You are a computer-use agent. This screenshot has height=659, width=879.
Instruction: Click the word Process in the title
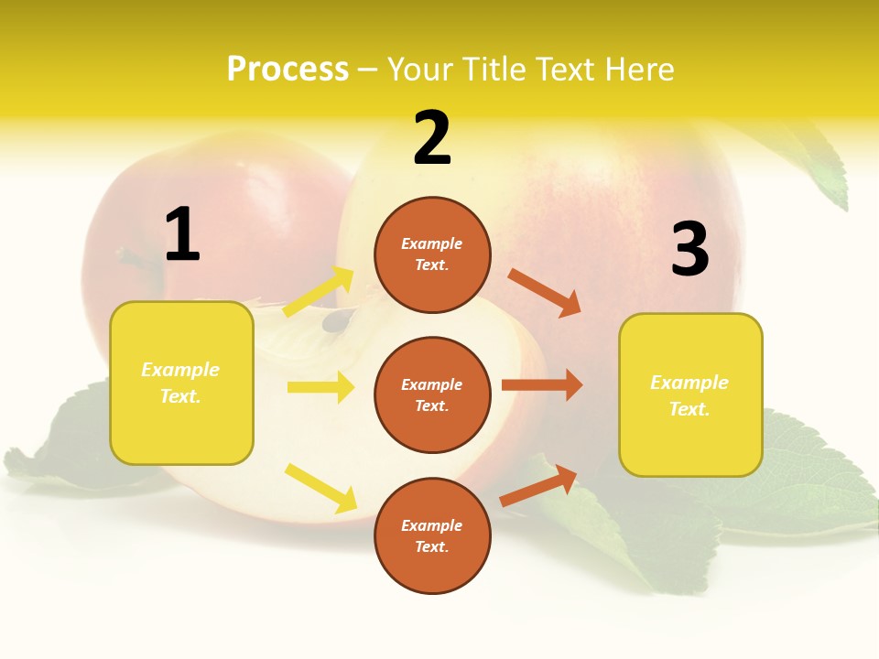(x=288, y=70)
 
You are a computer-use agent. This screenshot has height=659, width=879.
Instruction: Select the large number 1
(x=182, y=235)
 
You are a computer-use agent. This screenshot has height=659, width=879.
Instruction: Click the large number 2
(x=432, y=138)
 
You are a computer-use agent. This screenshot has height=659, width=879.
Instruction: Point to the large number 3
(x=689, y=250)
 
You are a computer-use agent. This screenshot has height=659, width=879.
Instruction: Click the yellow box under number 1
(x=181, y=383)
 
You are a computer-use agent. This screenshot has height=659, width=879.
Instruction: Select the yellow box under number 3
(x=690, y=395)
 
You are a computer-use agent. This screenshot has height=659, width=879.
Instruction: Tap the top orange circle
(x=432, y=254)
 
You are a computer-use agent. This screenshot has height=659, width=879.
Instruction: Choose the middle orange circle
(x=432, y=395)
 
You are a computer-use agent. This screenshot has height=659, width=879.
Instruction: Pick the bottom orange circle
(x=432, y=536)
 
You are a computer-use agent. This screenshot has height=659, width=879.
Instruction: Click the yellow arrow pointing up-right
(x=320, y=291)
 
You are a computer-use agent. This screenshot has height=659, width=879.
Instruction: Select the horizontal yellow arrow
(x=320, y=387)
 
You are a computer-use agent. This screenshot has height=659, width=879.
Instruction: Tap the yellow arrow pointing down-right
(x=321, y=488)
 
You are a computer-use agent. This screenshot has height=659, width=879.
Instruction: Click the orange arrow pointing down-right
(x=545, y=292)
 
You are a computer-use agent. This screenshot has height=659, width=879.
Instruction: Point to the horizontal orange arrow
(x=542, y=385)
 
